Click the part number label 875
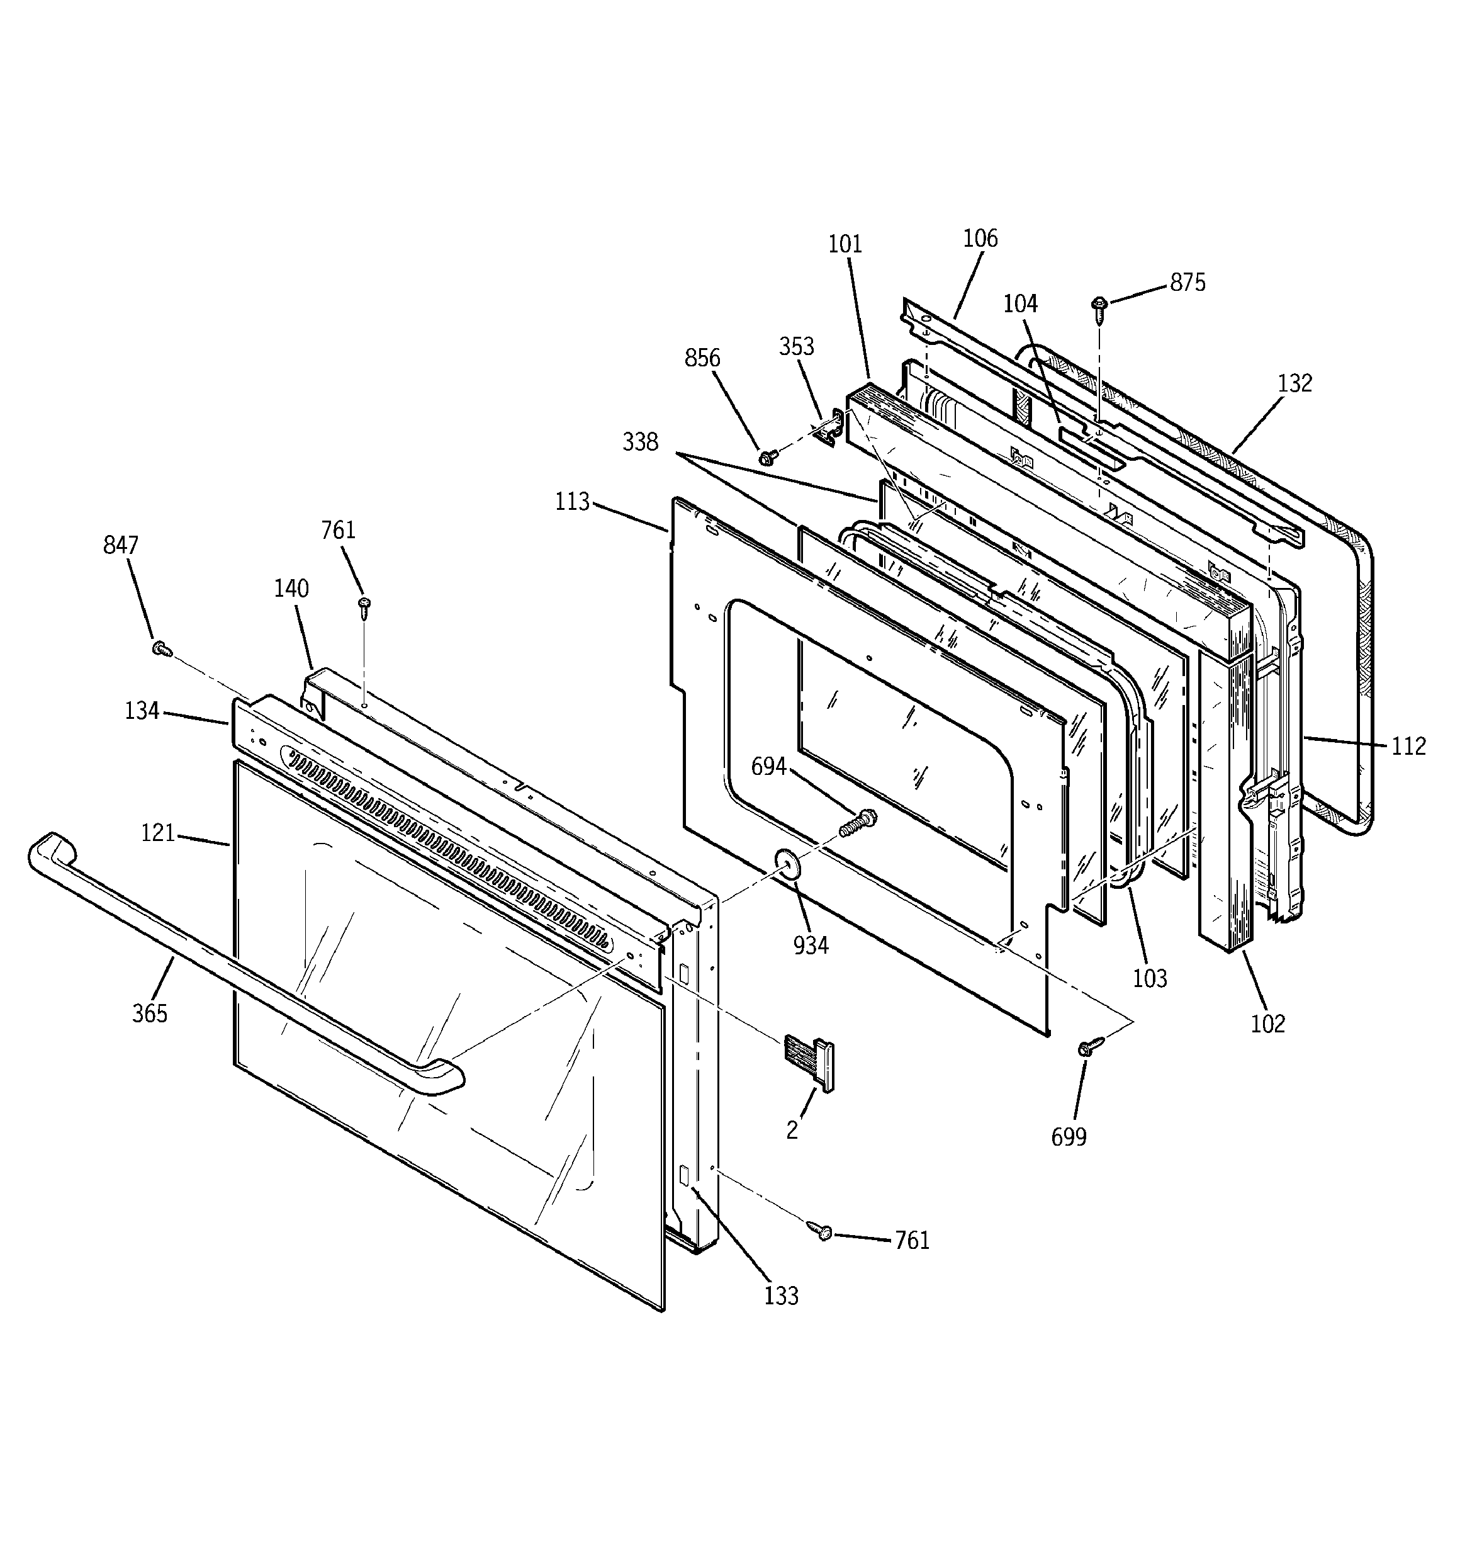(1188, 282)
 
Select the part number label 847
(121, 545)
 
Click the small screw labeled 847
(162, 648)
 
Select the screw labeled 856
(768, 456)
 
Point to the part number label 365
(150, 1013)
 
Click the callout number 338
(640, 442)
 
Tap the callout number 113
(572, 502)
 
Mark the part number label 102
(1268, 1024)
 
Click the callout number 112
(1408, 746)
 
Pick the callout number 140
(291, 588)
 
